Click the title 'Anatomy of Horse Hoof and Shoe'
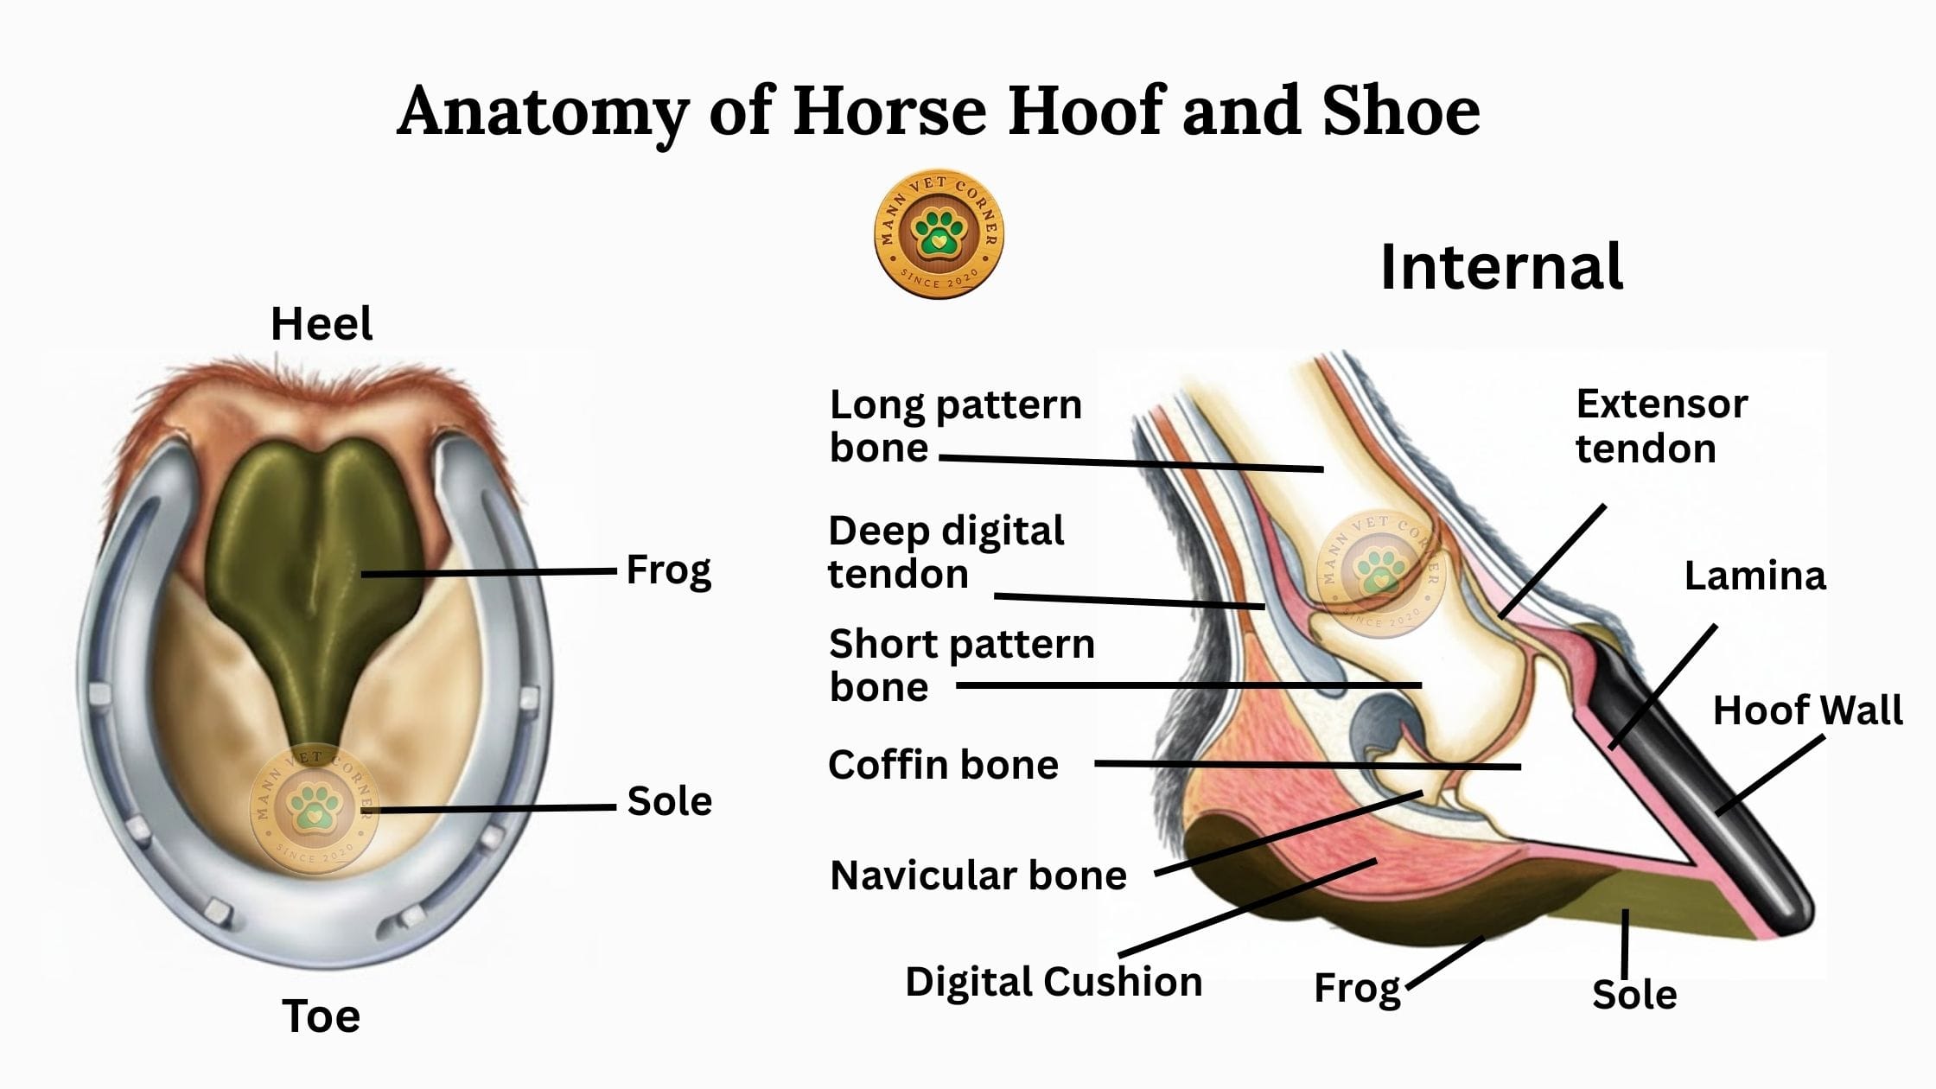tap(939, 112)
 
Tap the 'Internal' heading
tap(1501, 267)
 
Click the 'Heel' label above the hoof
tap(322, 324)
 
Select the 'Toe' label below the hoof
tap(321, 1016)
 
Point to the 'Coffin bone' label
tap(943, 765)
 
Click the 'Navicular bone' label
tap(978, 876)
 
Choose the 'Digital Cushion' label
tap(1054, 982)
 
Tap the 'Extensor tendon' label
tap(1661, 426)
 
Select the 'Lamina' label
tap(1755, 576)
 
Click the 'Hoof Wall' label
tap(1808, 710)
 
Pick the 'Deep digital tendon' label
tap(946, 552)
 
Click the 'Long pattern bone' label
tap(955, 426)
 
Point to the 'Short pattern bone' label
tap(961, 665)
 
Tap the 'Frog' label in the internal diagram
tap(1357, 989)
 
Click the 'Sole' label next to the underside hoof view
tap(670, 801)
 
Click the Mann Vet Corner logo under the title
tap(939, 234)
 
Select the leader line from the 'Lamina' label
tap(1663, 686)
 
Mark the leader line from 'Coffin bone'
tap(1308, 765)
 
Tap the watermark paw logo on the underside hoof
tap(313, 809)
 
